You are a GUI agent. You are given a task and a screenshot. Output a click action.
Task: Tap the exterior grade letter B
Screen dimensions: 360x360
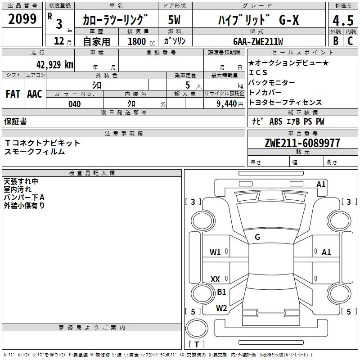click(336, 41)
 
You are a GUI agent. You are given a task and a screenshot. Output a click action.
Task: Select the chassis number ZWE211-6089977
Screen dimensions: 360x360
click(302, 143)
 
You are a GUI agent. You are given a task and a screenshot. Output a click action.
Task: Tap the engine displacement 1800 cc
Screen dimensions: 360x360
click(140, 41)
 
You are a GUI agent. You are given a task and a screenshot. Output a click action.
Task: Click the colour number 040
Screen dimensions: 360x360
click(74, 104)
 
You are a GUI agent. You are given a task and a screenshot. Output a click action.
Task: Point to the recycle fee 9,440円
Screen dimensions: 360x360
click(228, 104)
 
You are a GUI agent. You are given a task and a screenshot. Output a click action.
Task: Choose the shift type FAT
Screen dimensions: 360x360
click(13, 94)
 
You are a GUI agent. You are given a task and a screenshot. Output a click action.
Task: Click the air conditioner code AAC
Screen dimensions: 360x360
click(35, 94)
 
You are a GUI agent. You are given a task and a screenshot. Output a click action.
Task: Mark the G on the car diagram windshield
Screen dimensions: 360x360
click(257, 237)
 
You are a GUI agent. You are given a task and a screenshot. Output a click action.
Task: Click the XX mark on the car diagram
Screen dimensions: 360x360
click(215, 279)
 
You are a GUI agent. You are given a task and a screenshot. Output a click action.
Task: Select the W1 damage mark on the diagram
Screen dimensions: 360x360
click(215, 252)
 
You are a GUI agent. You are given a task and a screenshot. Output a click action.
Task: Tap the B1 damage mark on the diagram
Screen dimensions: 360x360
click(221, 292)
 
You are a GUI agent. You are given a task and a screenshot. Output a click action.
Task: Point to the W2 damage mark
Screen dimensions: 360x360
click(221, 308)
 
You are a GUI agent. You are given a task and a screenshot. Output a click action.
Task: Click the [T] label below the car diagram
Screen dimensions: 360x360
click(197, 345)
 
